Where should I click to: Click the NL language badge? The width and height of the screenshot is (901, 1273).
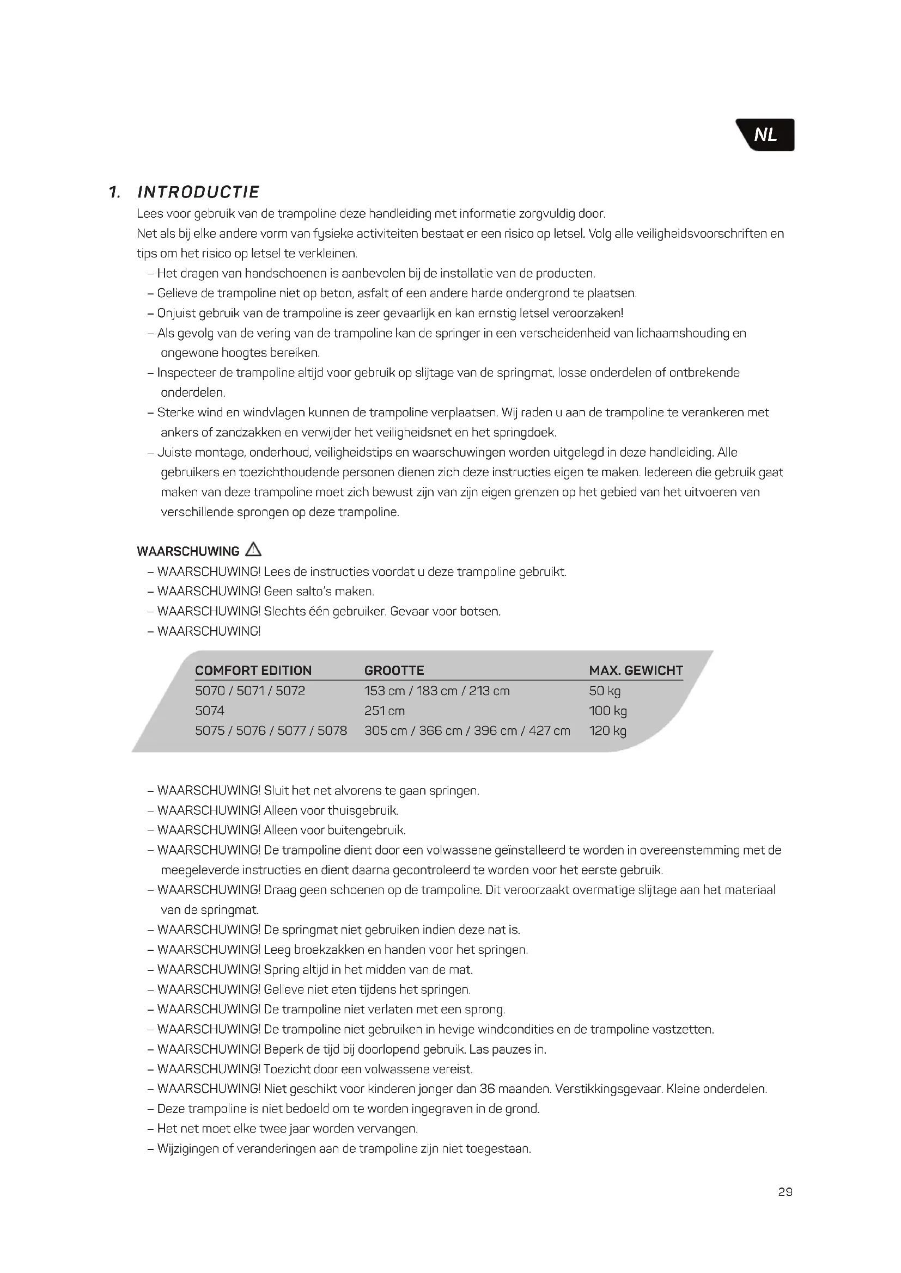(765, 135)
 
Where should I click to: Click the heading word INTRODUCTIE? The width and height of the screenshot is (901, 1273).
(198, 192)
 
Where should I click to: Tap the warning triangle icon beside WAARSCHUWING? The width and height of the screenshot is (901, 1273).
(253, 550)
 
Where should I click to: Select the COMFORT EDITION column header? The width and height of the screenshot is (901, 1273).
(253, 671)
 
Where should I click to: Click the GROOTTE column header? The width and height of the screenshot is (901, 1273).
(394, 671)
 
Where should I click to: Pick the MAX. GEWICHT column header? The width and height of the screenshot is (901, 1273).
(636, 671)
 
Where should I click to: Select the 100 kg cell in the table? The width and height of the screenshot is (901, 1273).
(607, 711)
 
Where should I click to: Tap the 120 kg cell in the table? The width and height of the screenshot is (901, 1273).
(607, 731)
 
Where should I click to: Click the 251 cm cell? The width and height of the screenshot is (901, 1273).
(385, 711)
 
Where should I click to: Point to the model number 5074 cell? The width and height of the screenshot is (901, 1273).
(210, 711)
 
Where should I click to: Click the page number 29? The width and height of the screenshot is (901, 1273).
(785, 1192)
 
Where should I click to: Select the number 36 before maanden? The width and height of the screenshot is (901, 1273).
(487, 1088)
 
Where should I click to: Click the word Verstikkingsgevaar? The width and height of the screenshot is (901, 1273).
(608, 1088)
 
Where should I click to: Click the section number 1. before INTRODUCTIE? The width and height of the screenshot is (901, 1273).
(114, 192)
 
